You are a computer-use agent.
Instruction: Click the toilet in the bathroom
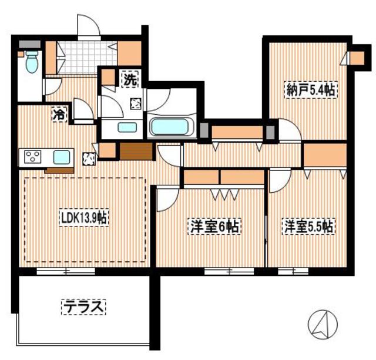[x=31, y=62]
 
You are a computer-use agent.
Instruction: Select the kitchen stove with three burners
[x=32, y=157]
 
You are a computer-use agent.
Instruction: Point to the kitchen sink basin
[x=62, y=157]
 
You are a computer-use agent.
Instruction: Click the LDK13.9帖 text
[x=83, y=219]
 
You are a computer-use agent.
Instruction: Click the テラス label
[x=83, y=306]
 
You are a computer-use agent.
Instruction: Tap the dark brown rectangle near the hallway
[x=136, y=151]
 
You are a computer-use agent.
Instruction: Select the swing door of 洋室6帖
[x=166, y=198]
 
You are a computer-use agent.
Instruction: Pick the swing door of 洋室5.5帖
[x=279, y=181]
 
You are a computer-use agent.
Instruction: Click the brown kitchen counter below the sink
[x=59, y=170]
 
